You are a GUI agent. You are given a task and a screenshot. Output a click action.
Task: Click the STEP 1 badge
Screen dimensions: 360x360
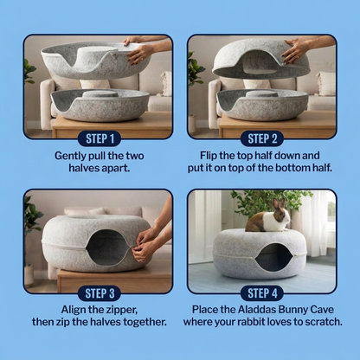(x=100, y=138)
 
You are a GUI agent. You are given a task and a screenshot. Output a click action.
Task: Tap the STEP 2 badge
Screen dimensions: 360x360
(x=262, y=138)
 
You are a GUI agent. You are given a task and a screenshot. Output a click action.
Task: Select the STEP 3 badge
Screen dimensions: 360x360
(x=100, y=293)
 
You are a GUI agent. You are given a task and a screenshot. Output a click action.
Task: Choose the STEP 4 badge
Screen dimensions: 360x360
(x=262, y=293)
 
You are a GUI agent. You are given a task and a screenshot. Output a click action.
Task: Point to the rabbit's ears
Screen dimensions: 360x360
(x=279, y=203)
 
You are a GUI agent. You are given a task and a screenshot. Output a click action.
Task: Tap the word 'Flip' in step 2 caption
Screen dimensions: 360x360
(x=209, y=156)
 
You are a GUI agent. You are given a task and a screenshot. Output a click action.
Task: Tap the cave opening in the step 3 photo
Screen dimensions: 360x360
(x=107, y=247)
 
